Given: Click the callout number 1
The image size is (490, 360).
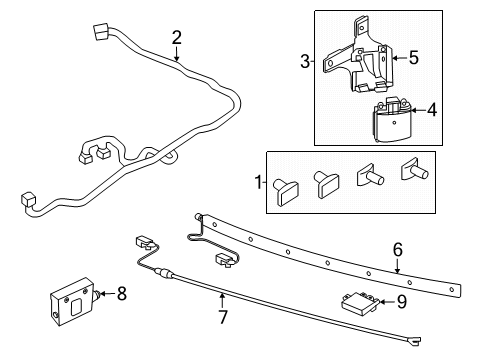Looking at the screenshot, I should pos(257,182).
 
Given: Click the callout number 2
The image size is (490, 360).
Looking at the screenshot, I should pos(176,38).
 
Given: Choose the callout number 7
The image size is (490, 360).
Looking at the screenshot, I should pos(222,319).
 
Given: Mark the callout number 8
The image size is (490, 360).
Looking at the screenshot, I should pos(122,293).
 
